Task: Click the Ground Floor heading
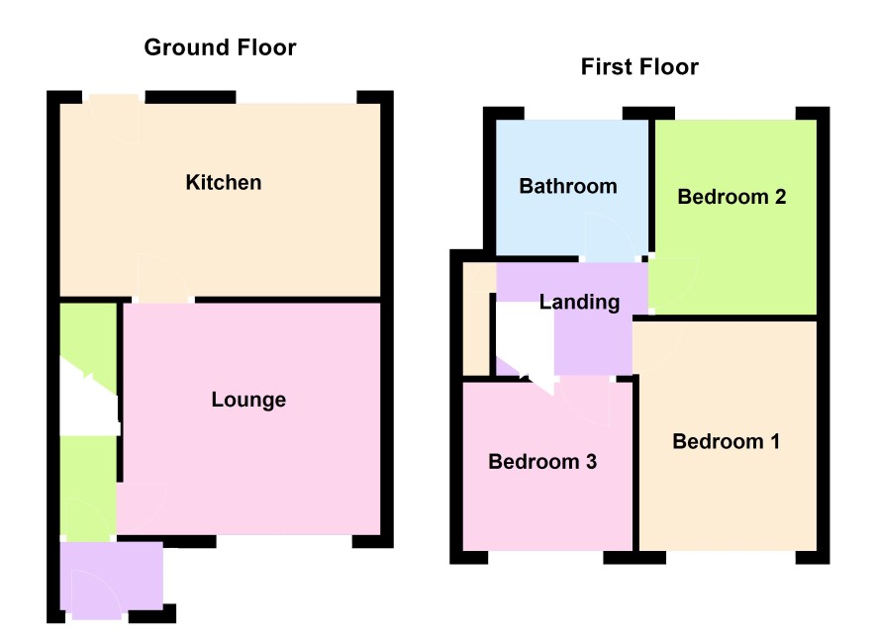tap(220, 47)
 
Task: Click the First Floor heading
tap(639, 67)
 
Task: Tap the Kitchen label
tap(223, 183)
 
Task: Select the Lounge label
tap(248, 400)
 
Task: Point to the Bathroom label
tap(568, 186)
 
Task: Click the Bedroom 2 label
tap(731, 197)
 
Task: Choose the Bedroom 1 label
tap(726, 441)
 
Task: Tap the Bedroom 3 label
tap(542, 462)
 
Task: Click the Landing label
tap(579, 303)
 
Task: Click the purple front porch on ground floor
tap(111, 579)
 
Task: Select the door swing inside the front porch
tap(96, 595)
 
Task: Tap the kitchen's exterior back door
tap(114, 120)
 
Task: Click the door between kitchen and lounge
tap(162, 279)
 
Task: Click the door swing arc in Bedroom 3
tap(585, 403)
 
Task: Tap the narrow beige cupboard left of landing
tap(477, 319)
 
